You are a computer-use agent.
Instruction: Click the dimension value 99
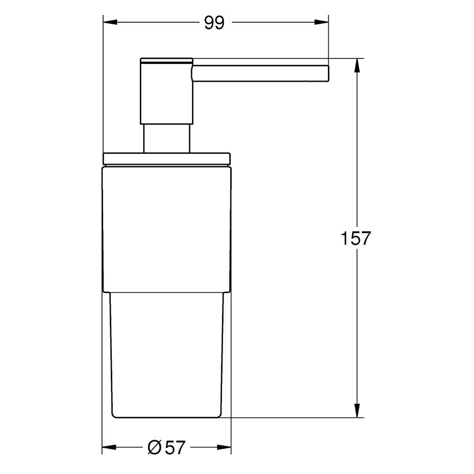(214, 23)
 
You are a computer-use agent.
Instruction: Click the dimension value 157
(355, 239)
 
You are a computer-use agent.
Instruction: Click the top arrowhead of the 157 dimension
(357, 65)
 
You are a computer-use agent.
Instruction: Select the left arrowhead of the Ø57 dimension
(108, 447)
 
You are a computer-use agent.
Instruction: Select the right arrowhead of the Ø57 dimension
(225, 447)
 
